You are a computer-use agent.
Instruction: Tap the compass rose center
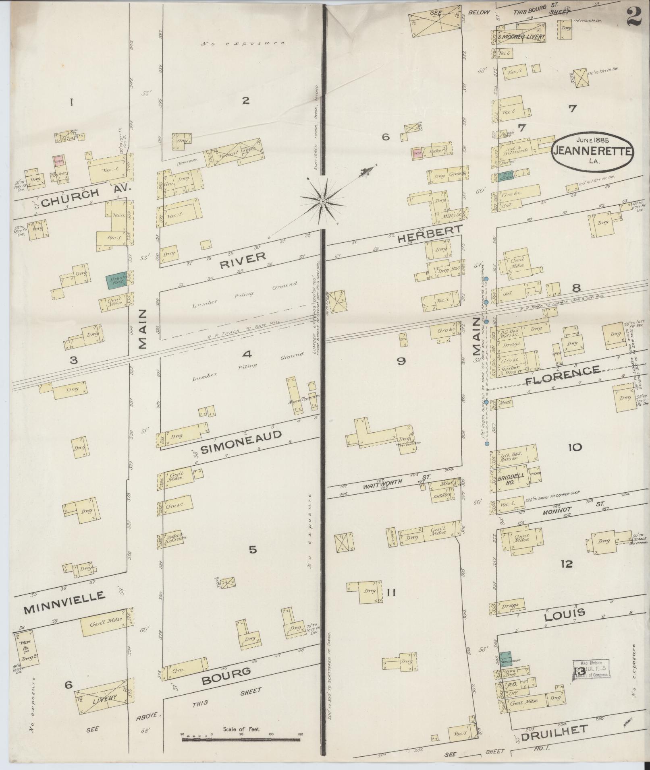[x=323, y=200]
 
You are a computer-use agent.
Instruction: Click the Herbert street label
[x=429, y=233]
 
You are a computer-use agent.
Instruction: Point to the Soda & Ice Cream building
[x=174, y=537]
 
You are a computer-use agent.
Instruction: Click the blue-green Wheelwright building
[x=505, y=659]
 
